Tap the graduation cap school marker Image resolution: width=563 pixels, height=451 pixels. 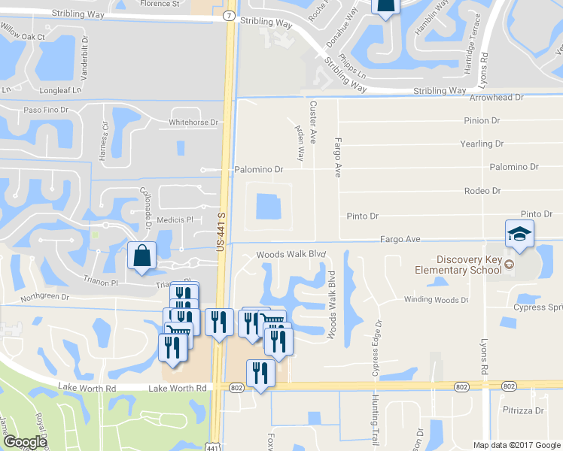click(x=519, y=234)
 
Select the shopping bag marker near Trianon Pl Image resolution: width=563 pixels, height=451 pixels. click(x=142, y=256)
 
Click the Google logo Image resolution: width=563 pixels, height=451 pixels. click(x=25, y=442)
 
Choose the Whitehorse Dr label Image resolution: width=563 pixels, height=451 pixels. click(x=193, y=123)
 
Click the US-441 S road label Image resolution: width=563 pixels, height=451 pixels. click(x=221, y=235)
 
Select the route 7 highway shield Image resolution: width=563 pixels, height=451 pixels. click(x=228, y=15)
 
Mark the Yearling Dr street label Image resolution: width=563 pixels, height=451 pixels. click(x=482, y=144)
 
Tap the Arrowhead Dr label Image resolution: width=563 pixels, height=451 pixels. click(x=495, y=98)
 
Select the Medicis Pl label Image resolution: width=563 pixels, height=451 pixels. click(x=175, y=219)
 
